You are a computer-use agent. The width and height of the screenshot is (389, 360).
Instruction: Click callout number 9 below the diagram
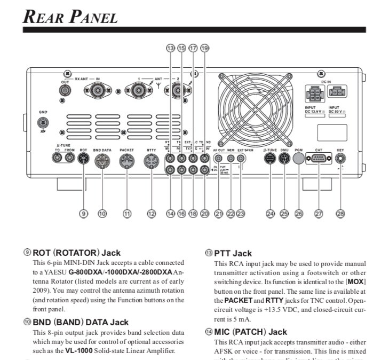click(x=83, y=214)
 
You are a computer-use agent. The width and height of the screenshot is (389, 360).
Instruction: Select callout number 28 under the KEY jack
click(x=340, y=214)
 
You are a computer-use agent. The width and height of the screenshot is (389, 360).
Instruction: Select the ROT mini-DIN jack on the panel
click(x=83, y=159)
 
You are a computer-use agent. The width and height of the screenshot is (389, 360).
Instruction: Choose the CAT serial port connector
click(x=319, y=159)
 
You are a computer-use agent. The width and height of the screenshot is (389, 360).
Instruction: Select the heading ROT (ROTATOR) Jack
click(x=76, y=253)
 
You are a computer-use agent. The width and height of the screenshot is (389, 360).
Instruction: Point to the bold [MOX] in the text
click(x=355, y=281)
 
